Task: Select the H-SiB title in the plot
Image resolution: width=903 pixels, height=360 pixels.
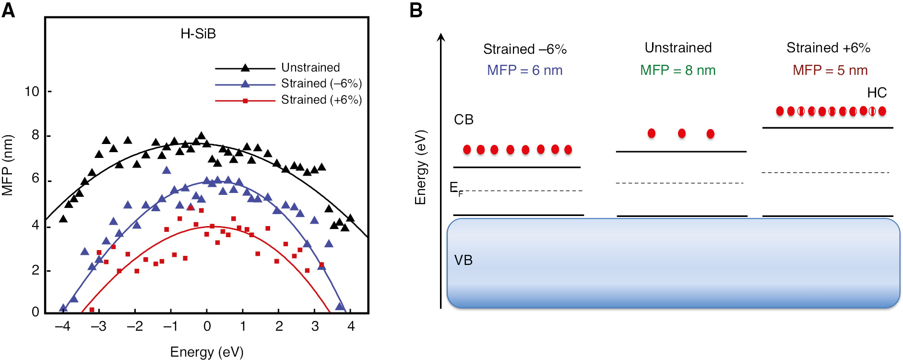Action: point(198,34)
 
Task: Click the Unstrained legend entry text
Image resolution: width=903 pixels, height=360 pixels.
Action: point(310,68)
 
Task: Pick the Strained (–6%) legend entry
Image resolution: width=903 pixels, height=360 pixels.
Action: point(321,84)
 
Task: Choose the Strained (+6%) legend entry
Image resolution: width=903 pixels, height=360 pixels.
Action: point(321,100)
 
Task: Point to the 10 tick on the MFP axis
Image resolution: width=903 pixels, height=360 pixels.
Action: point(32,91)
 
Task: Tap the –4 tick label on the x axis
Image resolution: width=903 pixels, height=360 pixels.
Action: point(62,326)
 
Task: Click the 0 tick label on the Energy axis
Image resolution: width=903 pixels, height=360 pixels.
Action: point(207,326)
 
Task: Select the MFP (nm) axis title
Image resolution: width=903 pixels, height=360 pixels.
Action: point(7,166)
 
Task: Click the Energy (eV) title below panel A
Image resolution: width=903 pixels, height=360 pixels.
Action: point(207,352)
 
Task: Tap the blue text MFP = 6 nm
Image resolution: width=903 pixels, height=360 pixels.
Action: point(524,71)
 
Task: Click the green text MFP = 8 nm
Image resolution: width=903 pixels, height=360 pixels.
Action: point(677,71)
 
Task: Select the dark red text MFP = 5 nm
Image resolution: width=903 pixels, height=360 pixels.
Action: point(830,71)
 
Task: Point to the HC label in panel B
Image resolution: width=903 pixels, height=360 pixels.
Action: point(877,93)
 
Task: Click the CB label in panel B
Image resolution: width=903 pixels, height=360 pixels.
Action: point(463,120)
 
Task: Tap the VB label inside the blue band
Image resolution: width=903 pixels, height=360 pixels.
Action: point(463,260)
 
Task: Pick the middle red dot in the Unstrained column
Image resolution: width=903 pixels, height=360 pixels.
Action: point(681,133)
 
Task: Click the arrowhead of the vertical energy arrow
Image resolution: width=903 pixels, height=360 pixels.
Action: point(441,37)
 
